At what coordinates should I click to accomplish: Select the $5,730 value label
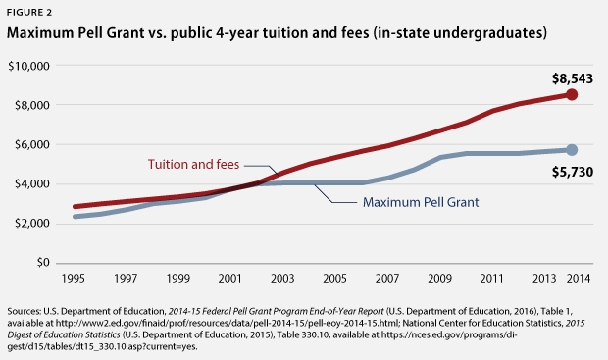(571, 172)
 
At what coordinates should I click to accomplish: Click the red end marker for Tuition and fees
(572, 94)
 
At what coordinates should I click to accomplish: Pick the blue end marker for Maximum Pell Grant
(572, 149)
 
